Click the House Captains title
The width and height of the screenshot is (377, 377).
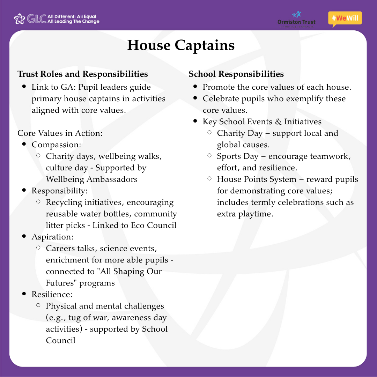pyautogui.click(x=181, y=45)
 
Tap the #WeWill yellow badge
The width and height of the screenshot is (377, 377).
pyautogui.click(x=345, y=19)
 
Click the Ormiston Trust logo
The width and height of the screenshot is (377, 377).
pyautogui.click(x=296, y=20)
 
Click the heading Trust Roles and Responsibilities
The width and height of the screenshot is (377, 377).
pyautogui.click(x=83, y=74)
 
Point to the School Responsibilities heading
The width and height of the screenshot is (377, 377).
pyautogui.click(x=236, y=74)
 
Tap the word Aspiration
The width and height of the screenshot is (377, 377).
pyautogui.click(x=52, y=237)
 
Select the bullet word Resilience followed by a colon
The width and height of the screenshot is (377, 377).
pyautogui.click(x=52, y=294)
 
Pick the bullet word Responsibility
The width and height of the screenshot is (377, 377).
pyautogui.click(x=59, y=191)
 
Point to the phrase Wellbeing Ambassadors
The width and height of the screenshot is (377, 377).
pyautogui.click(x=91, y=179)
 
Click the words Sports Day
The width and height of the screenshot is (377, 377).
pyautogui.click(x=238, y=156)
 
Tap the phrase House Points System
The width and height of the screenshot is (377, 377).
pyautogui.click(x=257, y=179)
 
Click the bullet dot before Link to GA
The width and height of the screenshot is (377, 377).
pyautogui.click(x=24, y=87)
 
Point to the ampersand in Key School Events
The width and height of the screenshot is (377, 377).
pyautogui.click(x=278, y=121)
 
